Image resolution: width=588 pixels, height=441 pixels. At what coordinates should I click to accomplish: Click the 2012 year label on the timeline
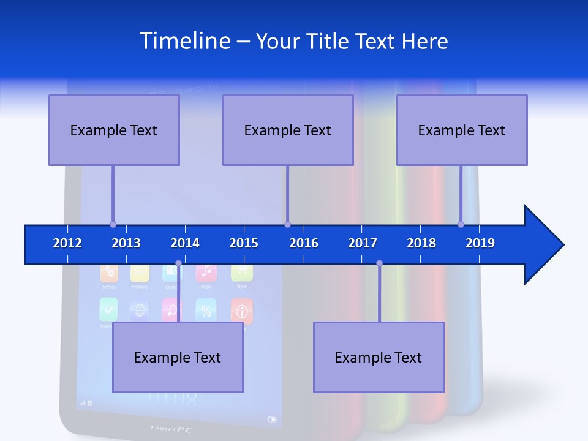click(x=67, y=243)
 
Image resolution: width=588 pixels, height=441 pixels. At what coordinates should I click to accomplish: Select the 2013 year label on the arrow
click(x=126, y=243)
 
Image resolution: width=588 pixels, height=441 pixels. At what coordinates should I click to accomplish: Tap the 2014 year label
click(x=185, y=243)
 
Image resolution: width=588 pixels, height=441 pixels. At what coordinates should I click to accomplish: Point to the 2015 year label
click(x=244, y=243)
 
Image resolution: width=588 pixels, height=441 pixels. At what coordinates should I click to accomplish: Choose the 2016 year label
click(x=304, y=243)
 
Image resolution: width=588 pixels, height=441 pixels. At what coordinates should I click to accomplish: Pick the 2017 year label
click(x=363, y=243)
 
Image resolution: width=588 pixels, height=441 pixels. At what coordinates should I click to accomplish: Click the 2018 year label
click(x=421, y=243)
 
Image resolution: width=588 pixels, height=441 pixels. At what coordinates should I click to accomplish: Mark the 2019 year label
click(x=480, y=243)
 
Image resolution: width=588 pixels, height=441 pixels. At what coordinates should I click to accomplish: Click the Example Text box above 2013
click(x=114, y=130)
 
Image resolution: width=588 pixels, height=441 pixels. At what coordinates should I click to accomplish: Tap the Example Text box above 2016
click(x=288, y=130)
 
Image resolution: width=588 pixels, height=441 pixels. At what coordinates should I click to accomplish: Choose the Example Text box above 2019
click(x=462, y=130)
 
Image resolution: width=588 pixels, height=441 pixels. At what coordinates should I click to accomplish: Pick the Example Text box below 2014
click(x=178, y=357)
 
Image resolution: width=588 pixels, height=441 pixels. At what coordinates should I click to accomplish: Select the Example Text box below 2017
click(x=379, y=357)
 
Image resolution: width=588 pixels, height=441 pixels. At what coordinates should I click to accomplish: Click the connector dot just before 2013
click(x=113, y=224)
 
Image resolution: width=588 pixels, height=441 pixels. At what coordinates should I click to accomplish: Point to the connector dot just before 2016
click(x=287, y=224)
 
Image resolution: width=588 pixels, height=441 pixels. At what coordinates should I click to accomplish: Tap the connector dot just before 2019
click(x=461, y=224)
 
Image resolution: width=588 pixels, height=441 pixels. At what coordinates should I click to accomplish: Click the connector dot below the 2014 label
click(x=178, y=263)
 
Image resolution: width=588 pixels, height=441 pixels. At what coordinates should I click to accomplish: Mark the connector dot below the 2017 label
click(x=379, y=263)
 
